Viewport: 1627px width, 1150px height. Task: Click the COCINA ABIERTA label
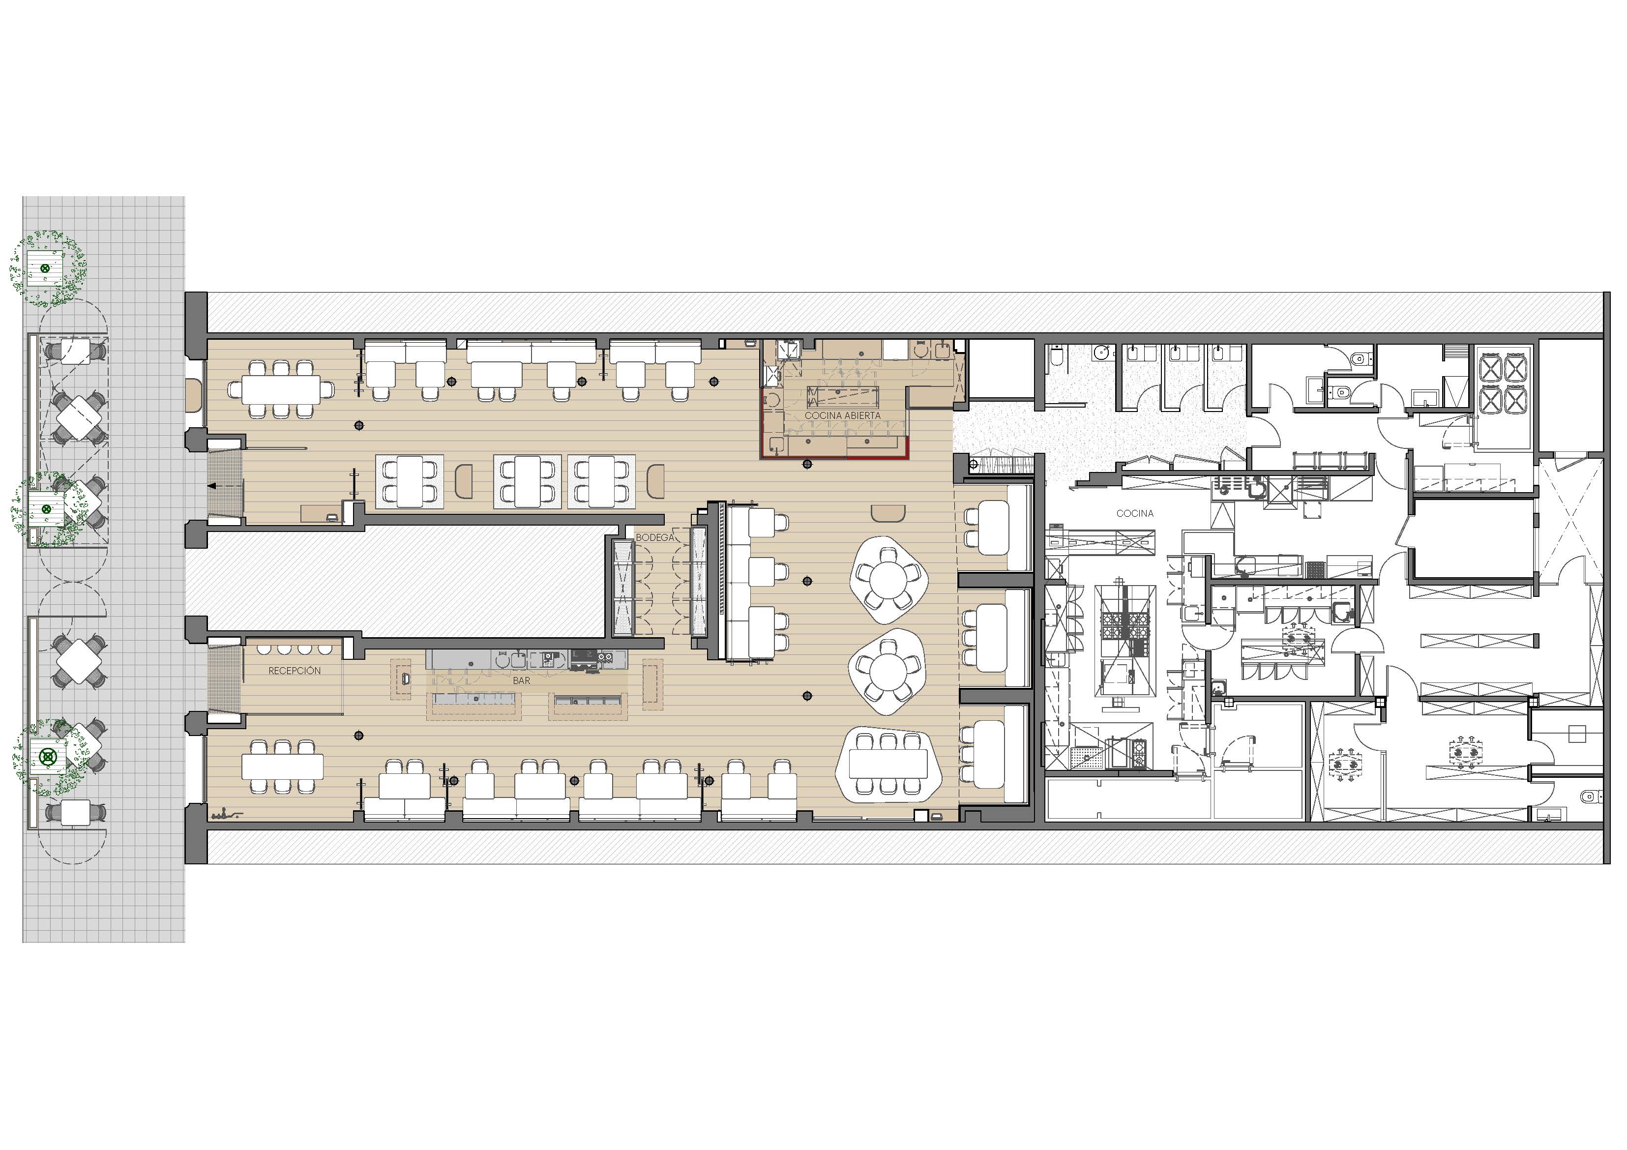(x=843, y=415)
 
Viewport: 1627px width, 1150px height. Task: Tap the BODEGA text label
(x=655, y=538)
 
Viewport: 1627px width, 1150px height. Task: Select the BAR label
(x=522, y=680)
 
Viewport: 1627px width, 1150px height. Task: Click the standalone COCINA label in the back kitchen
(x=1134, y=513)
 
